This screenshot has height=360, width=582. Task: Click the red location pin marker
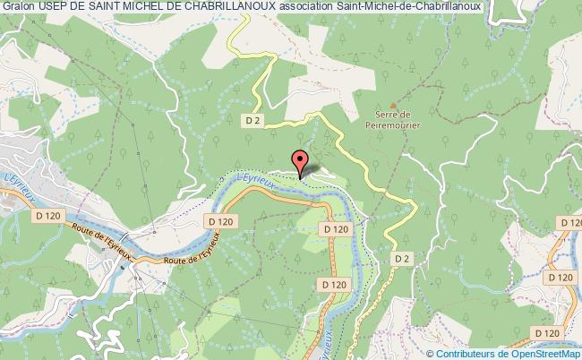tap(302, 162)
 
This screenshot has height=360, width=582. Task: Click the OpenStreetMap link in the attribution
tap(545, 353)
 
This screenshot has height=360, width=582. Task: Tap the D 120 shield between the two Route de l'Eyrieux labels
tap(218, 220)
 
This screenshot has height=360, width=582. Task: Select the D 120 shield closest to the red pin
tap(334, 229)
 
